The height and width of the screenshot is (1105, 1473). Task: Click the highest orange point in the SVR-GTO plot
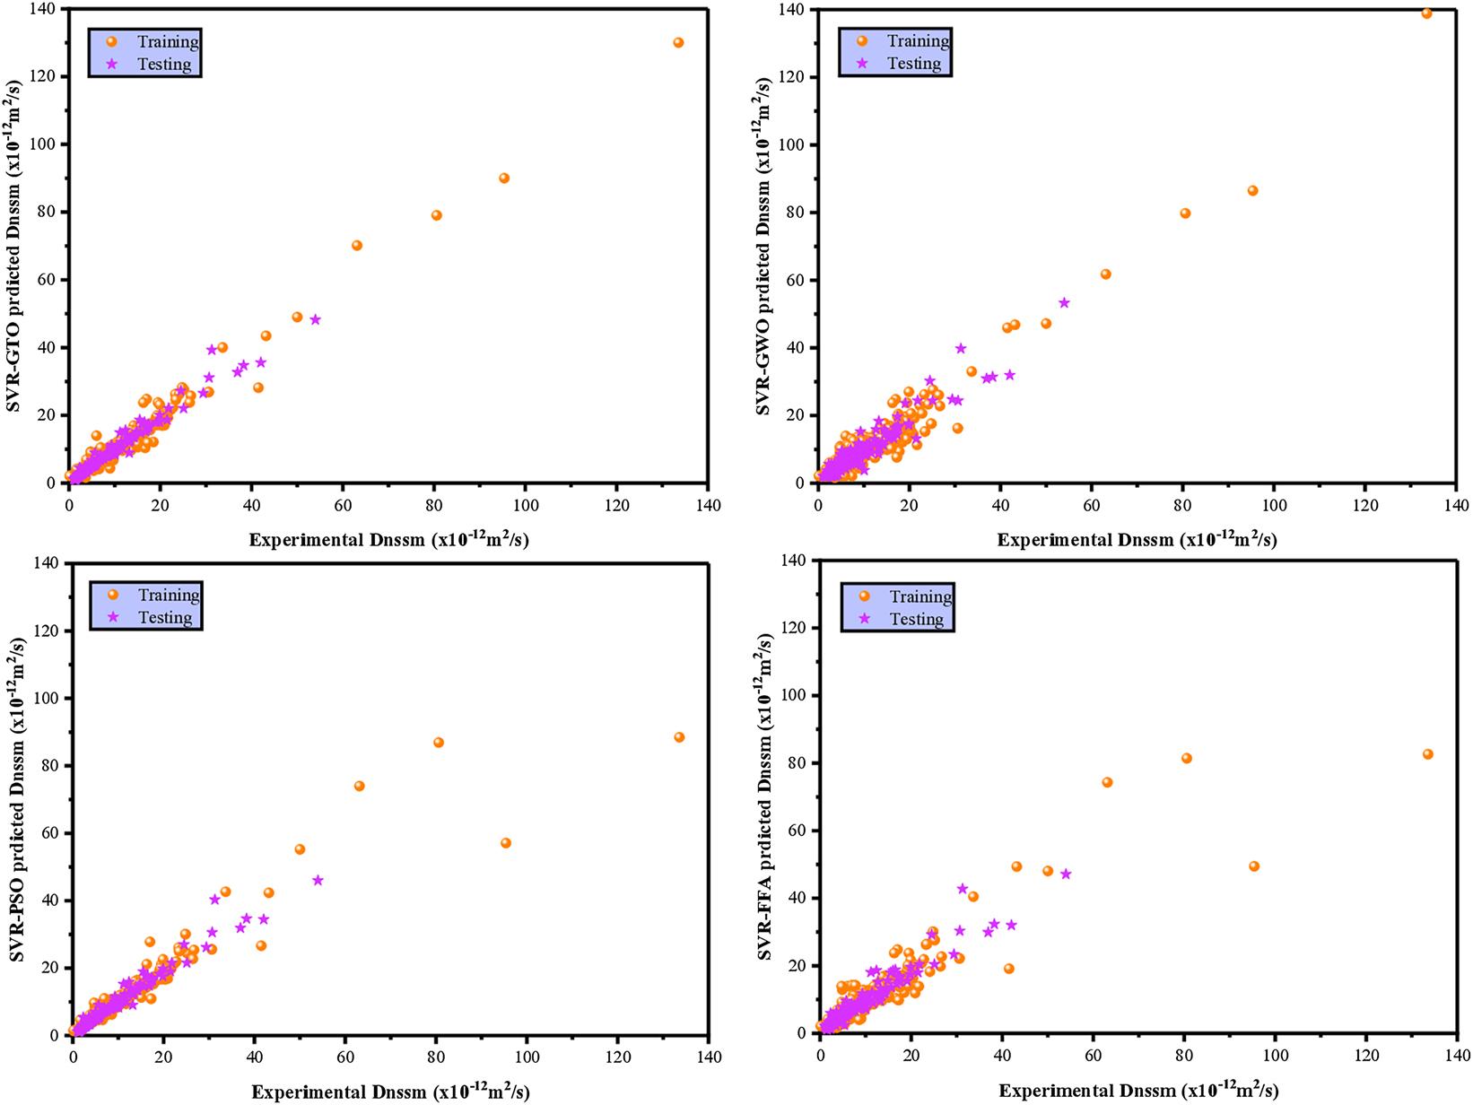[678, 42]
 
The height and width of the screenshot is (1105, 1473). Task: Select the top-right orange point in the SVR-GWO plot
[1426, 13]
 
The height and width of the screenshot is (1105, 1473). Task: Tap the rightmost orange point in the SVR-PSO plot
[679, 737]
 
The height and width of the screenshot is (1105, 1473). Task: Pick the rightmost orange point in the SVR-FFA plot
[1428, 754]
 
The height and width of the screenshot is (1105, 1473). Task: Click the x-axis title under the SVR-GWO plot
[1137, 539]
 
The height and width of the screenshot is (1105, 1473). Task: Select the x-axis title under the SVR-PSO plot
[389, 1092]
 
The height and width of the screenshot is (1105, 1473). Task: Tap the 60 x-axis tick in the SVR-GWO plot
[1091, 506]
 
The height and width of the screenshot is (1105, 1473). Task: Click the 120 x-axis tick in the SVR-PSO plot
[618, 1057]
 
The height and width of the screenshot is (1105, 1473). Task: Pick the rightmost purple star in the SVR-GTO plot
[315, 319]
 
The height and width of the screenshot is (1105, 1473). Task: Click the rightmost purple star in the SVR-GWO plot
[1064, 302]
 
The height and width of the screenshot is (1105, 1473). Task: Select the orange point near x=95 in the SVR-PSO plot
[506, 843]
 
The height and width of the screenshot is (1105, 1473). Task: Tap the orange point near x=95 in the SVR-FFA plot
[1254, 866]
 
